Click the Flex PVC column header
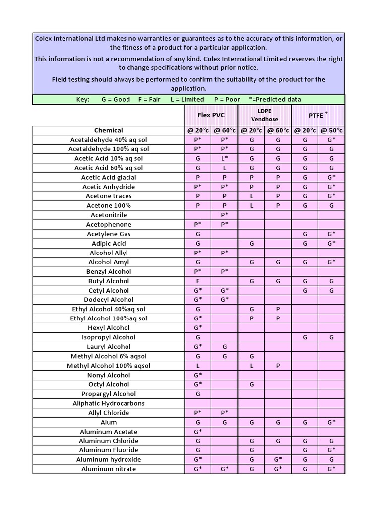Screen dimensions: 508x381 click(211, 115)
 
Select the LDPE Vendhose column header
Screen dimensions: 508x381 click(264, 115)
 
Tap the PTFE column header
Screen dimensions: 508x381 click(317, 115)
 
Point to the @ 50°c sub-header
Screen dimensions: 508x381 click(331, 130)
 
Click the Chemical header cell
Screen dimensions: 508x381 click(109, 130)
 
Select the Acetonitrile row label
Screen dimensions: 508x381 click(109, 215)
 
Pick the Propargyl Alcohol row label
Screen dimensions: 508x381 click(109, 394)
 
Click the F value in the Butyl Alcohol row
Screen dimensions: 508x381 click(198, 281)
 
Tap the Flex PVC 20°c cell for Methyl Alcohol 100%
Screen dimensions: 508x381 click(198, 366)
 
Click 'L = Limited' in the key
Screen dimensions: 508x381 click(187, 99)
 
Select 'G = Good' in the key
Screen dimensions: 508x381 click(116, 99)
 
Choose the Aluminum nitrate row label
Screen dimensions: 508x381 click(109, 469)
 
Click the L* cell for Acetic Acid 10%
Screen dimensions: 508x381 click(225, 158)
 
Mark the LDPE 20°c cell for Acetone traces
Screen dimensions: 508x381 click(252, 196)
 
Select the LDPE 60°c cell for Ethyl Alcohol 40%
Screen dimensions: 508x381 click(278, 309)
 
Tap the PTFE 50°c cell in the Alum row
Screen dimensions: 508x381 click(331, 422)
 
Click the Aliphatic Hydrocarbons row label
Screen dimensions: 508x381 click(109, 403)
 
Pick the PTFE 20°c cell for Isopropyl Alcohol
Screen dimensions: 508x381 click(305, 337)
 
